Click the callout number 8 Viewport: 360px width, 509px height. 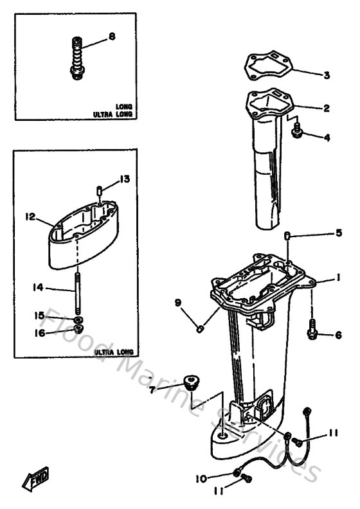(x=112, y=37)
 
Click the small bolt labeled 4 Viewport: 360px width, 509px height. (x=297, y=133)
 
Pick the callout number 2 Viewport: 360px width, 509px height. (x=326, y=109)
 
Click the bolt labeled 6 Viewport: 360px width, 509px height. (x=313, y=334)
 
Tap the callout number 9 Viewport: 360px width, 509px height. (x=178, y=302)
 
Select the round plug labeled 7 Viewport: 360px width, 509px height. (x=190, y=383)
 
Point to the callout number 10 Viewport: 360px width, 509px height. (x=201, y=478)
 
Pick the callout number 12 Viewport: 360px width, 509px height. (x=29, y=217)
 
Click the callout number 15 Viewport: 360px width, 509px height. (x=40, y=315)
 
